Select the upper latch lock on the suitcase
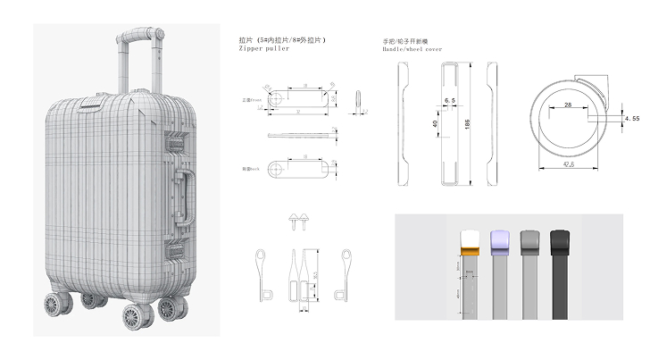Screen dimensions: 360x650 click(x=174, y=140)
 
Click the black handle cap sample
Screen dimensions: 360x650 click(x=561, y=241)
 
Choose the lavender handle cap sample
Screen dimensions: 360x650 click(x=499, y=241)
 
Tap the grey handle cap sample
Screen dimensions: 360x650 click(x=529, y=241)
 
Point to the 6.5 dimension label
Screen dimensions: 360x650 click(x=448, y=101)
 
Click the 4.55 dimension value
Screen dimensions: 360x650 click(x=632, y=117)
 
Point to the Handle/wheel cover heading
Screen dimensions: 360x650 click(x=412, y=50)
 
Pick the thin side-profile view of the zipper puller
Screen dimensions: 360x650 click(x=299, y=135)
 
